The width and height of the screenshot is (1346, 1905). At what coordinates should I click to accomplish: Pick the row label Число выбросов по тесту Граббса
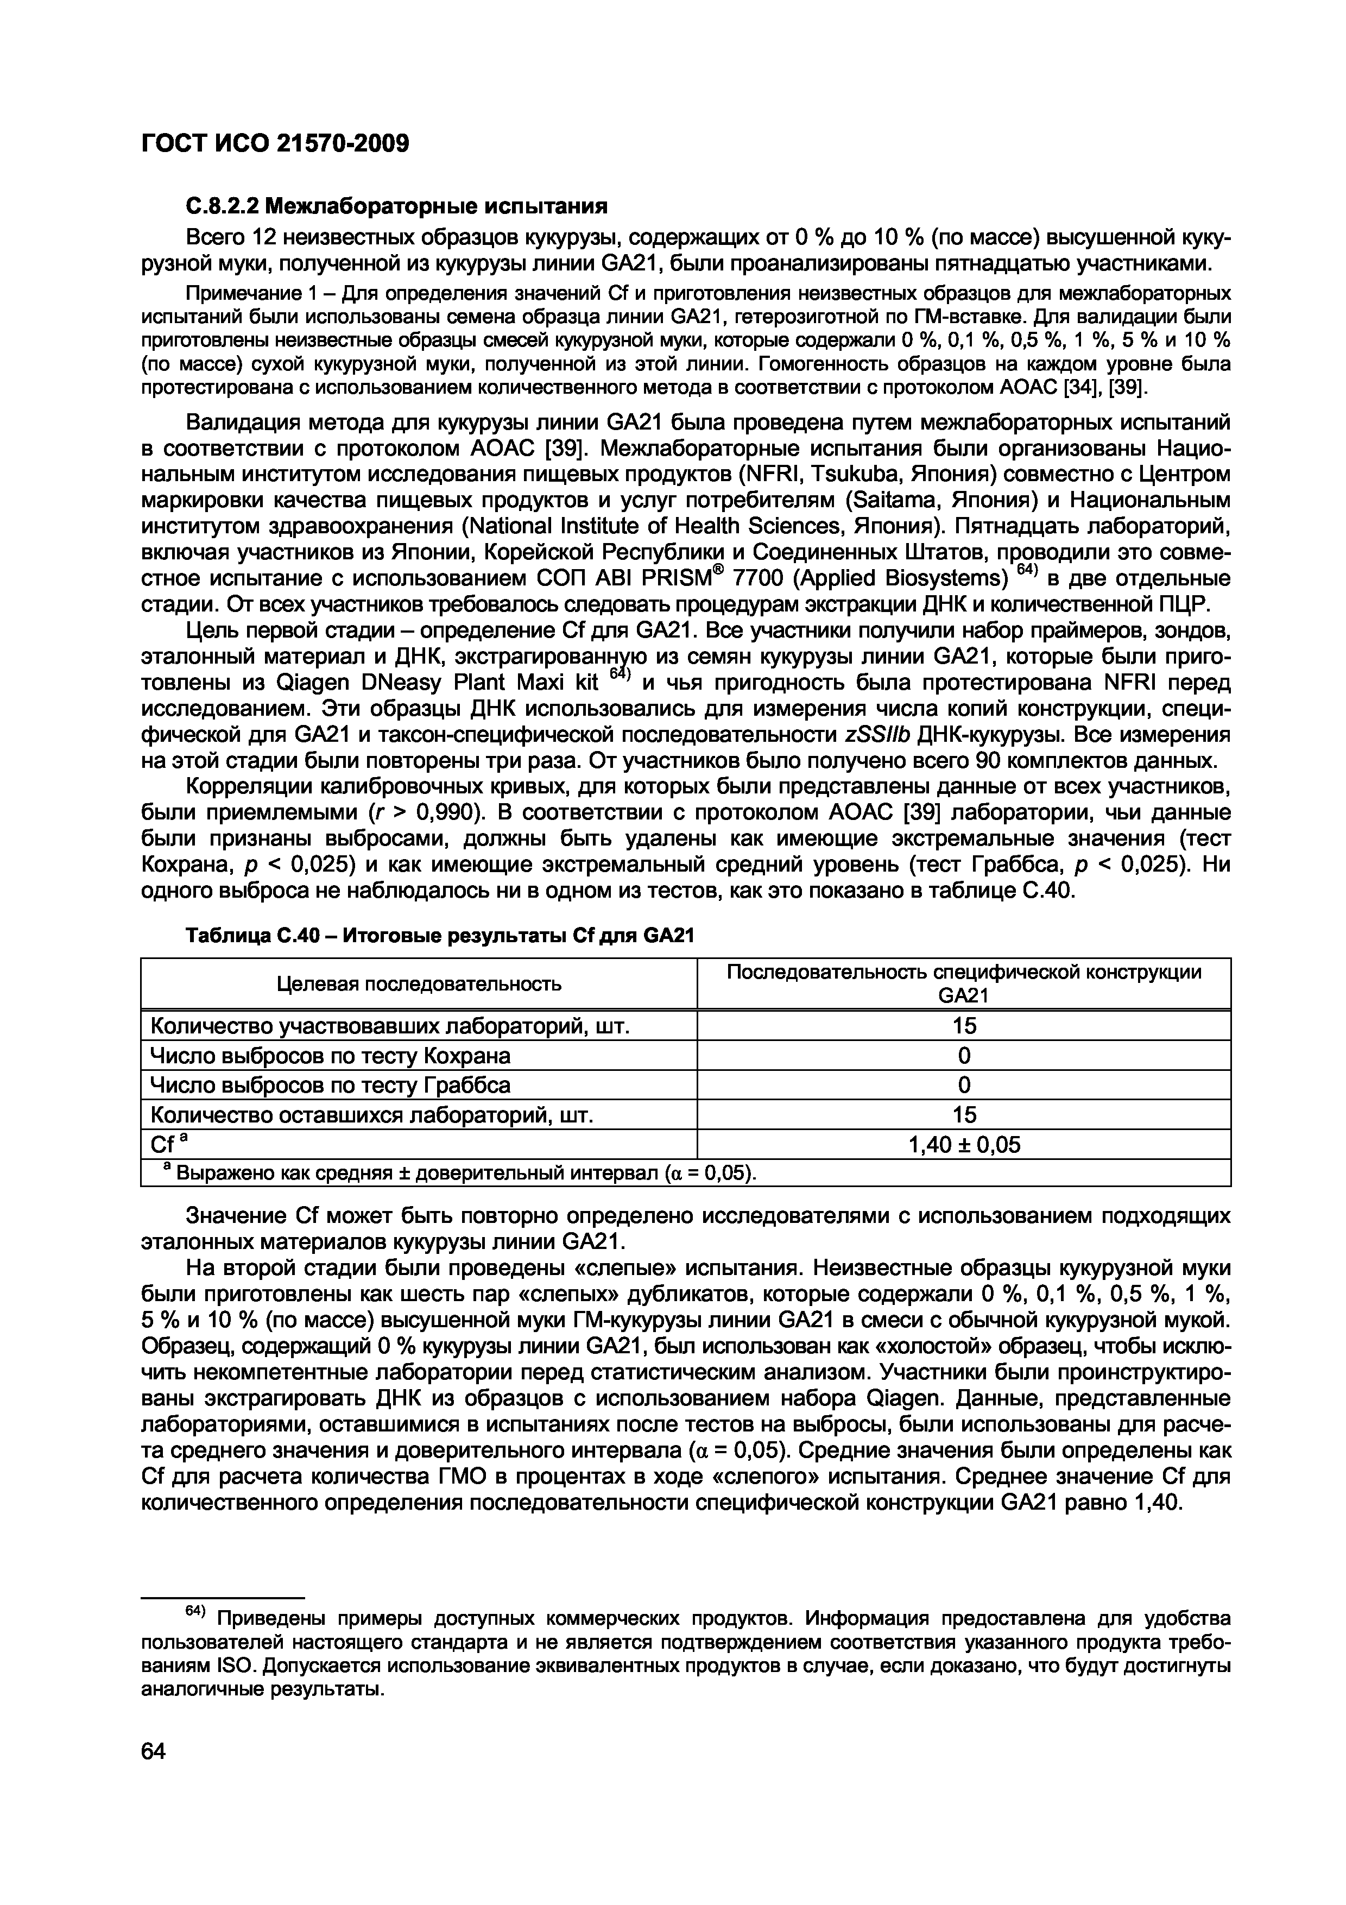pos(329,1085)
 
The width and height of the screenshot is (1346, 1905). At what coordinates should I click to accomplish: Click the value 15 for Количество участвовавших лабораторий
pos(964,1026)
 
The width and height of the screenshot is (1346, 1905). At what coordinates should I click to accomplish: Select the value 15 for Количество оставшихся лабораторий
pos(964,1115)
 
